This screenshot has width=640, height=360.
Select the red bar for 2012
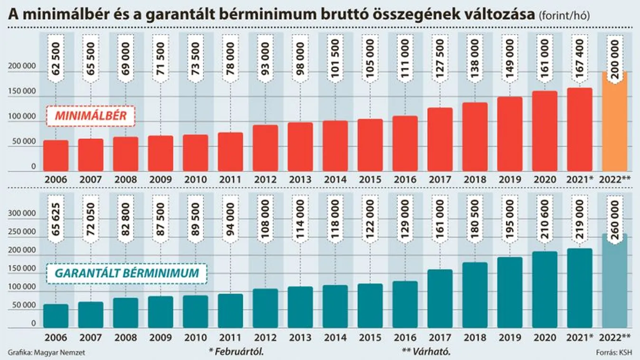[x=265, y=148]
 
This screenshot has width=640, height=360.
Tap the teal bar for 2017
[x=440, y=299]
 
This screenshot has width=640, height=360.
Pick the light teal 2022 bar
[x=614, y=285]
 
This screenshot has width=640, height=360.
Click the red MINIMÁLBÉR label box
[x=91, y=116]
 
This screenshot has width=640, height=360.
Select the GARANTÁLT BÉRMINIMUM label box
[x=126, y=274]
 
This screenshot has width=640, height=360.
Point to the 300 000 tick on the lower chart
[x=23, y=214]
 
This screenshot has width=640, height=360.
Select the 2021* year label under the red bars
[x=579, y=180]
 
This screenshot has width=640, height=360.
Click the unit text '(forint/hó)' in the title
[x=564, y=16]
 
